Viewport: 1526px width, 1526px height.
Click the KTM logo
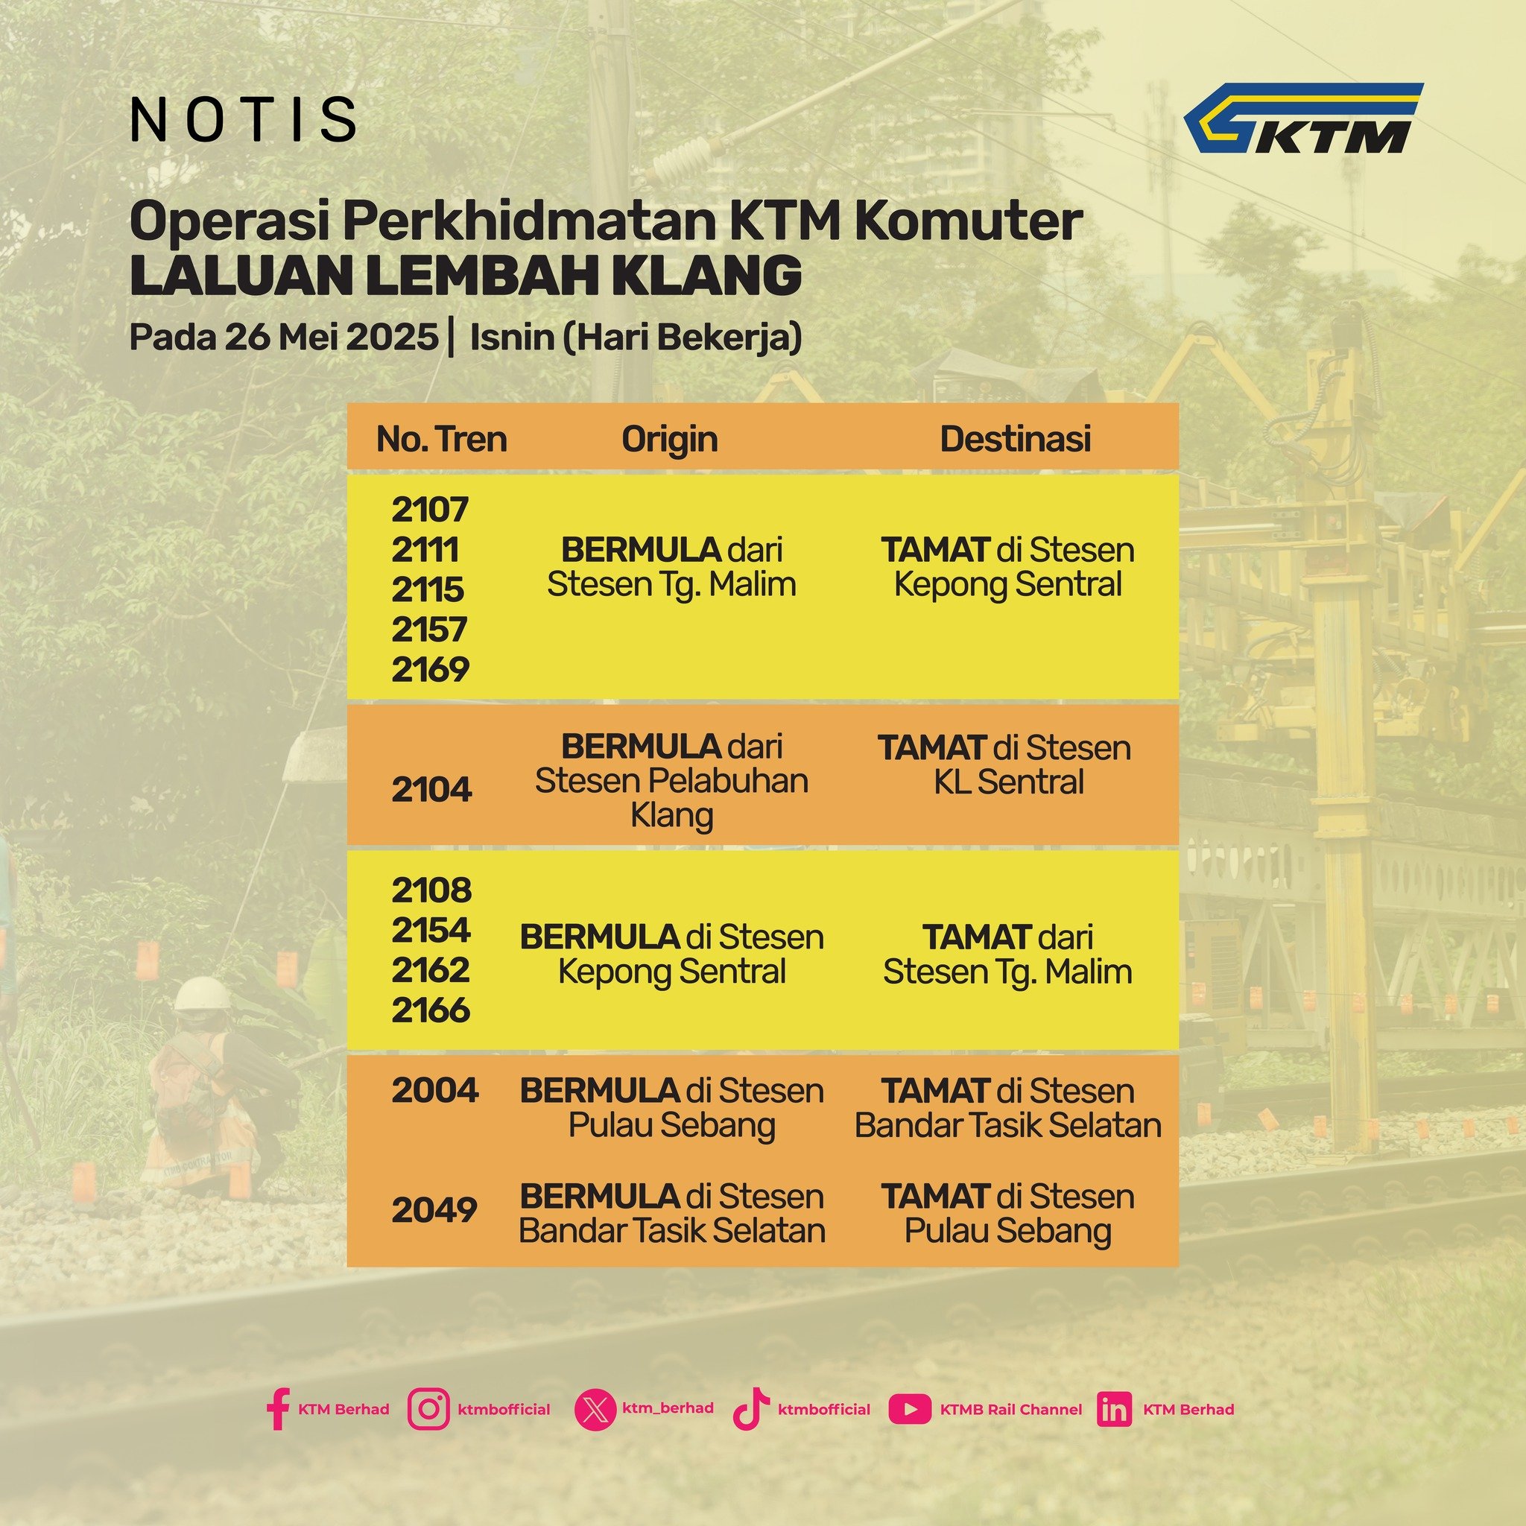[1302, 118]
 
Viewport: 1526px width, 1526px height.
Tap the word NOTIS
[242, 120]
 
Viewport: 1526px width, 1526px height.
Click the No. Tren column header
[442, 439]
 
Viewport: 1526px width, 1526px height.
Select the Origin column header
[670, 440]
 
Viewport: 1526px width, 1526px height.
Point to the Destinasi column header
[1015, 439]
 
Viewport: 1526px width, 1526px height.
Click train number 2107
[431, 510]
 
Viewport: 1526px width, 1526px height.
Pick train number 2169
[431, 670]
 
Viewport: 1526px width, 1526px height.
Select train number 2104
[432, 789]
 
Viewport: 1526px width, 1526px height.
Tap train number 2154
[431, 931]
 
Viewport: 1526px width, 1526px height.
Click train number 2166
[431, 1010]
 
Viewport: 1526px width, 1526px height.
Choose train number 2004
[435, 1091]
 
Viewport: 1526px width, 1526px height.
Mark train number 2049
[434, 1210]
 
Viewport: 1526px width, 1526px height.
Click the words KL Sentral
[1009, 782]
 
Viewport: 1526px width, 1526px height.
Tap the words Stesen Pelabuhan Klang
[672, 798]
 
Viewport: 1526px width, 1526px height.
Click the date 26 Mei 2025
[331, 338]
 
